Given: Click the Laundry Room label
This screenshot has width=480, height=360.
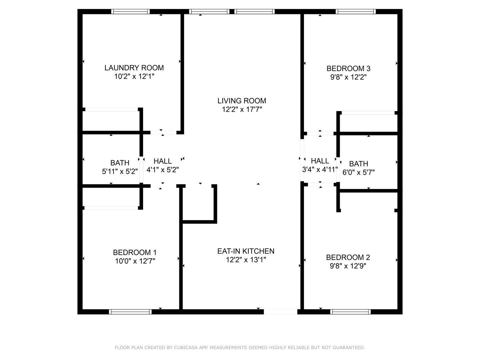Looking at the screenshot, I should click(134, 68).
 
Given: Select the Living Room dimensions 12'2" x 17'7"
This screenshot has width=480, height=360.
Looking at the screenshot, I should click(242, 109).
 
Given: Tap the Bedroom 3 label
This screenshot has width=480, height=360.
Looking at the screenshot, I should click(348, 68).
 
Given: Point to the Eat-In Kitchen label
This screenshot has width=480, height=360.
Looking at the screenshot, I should click(246, 251).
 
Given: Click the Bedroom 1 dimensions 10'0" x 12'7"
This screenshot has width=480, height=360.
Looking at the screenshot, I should click(135, 261).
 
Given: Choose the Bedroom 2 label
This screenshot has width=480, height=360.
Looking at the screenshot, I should click(348, 257).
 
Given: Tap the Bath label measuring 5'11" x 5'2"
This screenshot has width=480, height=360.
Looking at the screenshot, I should click(120, 163).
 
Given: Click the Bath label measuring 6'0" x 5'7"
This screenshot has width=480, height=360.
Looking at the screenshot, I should click(358, 164).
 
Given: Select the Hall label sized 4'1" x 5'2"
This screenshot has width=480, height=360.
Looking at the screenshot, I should click(163, 161).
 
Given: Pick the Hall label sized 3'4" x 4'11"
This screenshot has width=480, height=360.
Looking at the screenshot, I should click(320, 161).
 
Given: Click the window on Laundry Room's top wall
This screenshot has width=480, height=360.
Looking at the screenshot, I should click(130, 12).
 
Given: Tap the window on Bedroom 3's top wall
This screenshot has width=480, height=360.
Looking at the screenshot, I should click(356, 12).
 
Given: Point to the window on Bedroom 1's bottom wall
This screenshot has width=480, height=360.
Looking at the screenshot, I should click(130, 312).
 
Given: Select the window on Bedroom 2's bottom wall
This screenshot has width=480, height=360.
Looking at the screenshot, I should click(350, 312).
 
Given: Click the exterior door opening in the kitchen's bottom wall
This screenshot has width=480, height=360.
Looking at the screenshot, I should click(280, 312).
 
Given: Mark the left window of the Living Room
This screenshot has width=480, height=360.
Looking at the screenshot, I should click(209, 12).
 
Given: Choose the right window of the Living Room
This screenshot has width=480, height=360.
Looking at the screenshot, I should click(254, 12).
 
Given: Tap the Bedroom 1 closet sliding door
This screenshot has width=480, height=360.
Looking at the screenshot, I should click(111, 208).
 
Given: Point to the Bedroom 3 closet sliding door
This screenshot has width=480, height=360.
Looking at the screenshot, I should click(368, 113).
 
